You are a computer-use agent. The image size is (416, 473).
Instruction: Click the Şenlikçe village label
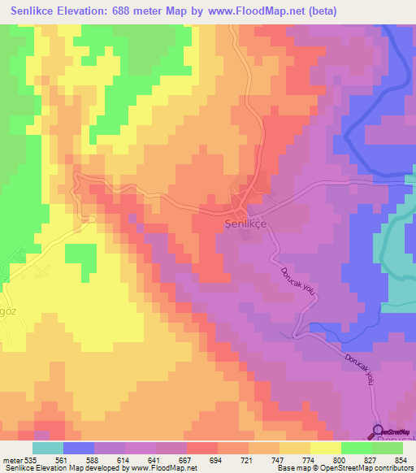point(245,223)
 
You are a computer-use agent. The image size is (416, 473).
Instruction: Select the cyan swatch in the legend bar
point(48,447)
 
